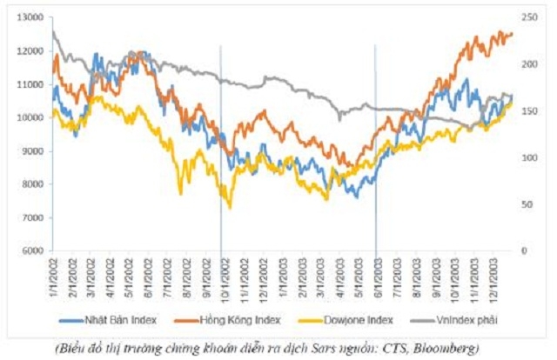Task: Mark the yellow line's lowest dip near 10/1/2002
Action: [230, 208]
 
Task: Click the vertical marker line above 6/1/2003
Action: [376, 130]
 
